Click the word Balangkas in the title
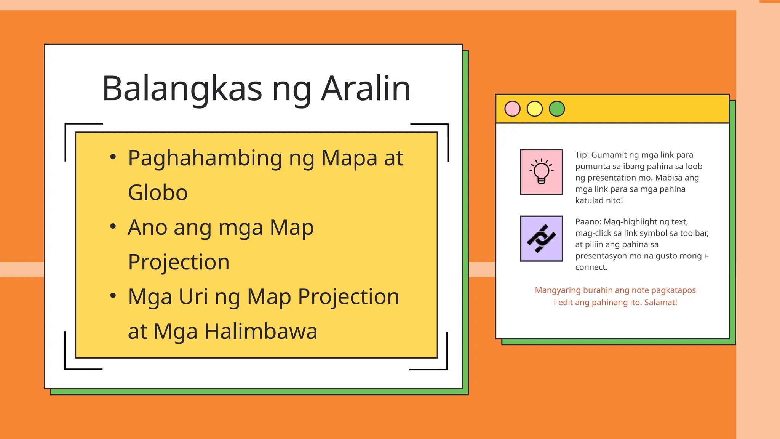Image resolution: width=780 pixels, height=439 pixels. (x=182, y=88)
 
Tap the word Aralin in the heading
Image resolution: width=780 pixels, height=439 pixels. (x=366, y=88)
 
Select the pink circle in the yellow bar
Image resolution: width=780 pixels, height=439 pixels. (x=512, y=109)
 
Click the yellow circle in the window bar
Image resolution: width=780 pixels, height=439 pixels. (x=534, y=109)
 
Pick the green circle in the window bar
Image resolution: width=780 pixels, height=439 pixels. (x=557, y=109)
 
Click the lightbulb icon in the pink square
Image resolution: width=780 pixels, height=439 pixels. (x=541, y=172)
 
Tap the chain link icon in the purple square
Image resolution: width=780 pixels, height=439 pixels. (x=541, y=239)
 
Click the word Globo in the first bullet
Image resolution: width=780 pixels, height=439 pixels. (x=158, y=192)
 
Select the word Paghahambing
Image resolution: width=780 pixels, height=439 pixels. (x=205, y=158)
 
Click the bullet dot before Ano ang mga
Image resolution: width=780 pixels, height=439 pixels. (x=113, y=226)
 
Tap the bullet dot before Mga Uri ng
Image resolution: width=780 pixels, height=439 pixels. (x=113, y=296)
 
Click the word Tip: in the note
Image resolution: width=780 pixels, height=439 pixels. (x=582, y=155)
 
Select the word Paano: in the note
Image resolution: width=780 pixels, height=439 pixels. (x=588, y=222)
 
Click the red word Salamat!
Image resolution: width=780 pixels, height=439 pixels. (x=660, y=303)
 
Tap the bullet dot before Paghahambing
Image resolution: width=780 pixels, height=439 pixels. (x=113, y=157)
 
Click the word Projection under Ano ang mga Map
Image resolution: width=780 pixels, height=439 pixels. (x=179, y=262)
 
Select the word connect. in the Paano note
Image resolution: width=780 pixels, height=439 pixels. (x=591, y=268)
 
